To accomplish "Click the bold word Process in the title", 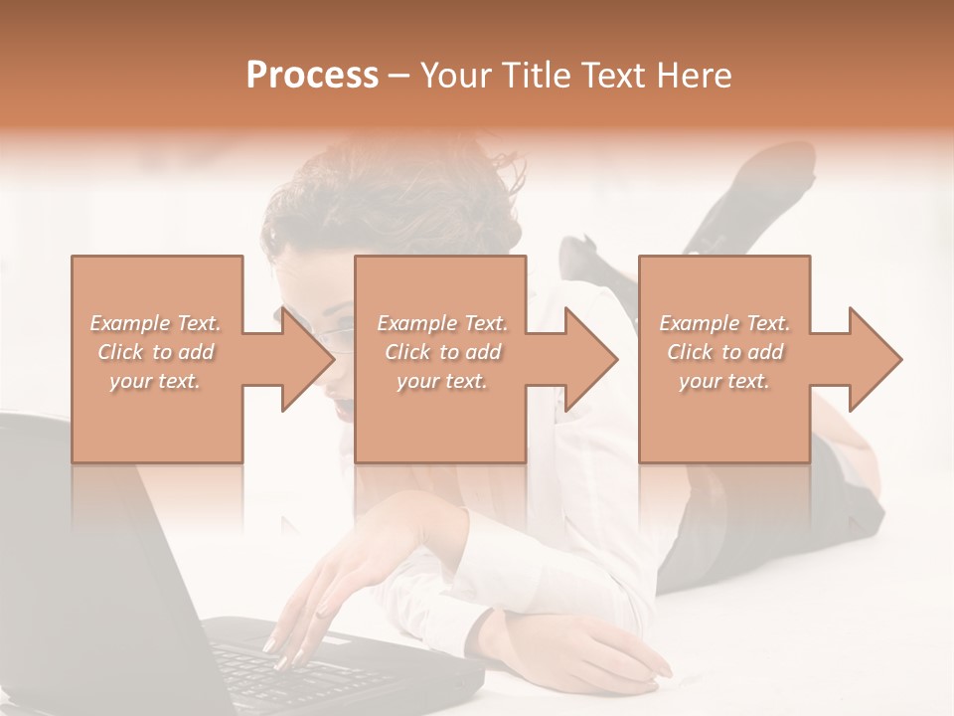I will click(312, 75).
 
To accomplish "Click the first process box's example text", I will click(156, 352).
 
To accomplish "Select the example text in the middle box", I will click(442, 352).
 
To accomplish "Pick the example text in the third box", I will click(724, 352).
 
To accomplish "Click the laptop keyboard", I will click(298, 666).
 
